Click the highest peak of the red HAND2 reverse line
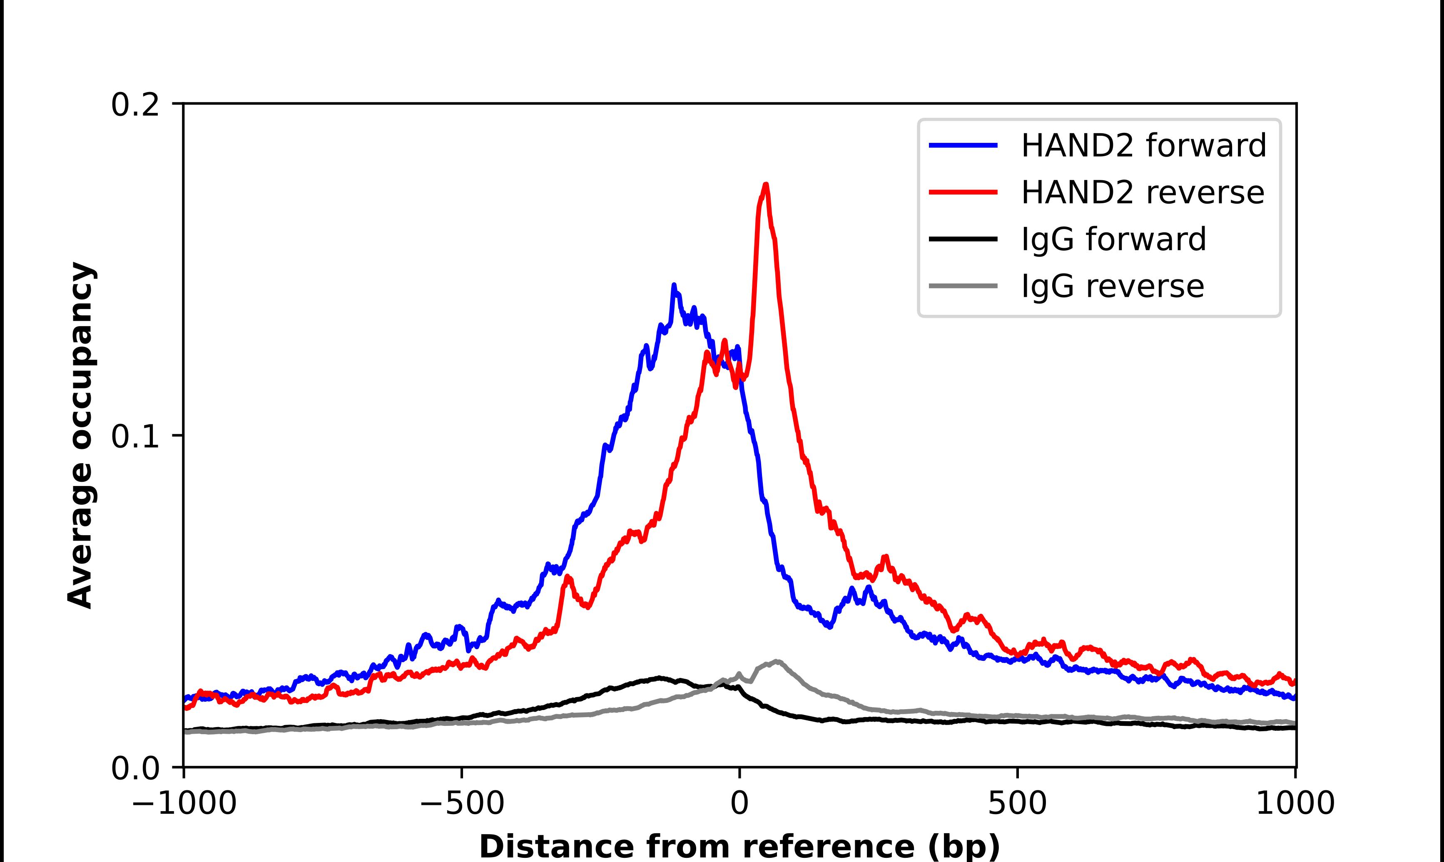pyautogui.click(x=766, y=185)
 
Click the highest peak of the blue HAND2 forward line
pyautogui.click(x=674, y=286)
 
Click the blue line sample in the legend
pyautogui.click(x=963, y=145)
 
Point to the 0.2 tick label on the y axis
pyautogui.click(x=135, y=105)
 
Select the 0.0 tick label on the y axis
pyautogui.click(x=135, y=768)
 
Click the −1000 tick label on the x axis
pyautogui.click(x=184, y=804)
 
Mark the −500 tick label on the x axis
pyautogui.click(x=462, y=804)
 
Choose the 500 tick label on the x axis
pyautogui.click(x=1017, y=804)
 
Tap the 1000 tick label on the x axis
pyautogui.click(x=1295, y=804)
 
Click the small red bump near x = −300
pyautogui.click(x=568, y=577)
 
